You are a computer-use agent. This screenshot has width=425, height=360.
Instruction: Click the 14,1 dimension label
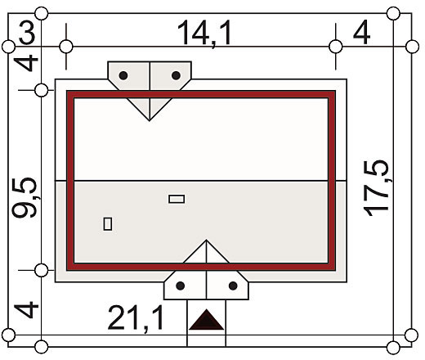(204, 34)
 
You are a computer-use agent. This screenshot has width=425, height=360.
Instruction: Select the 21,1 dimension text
(136, 318)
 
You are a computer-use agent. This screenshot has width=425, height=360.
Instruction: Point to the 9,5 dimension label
(25, 197)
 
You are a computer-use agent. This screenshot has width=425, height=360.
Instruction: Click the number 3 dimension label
(27, 34)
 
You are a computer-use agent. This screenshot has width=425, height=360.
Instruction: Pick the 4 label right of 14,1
(361, 33)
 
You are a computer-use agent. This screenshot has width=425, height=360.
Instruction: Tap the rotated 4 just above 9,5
(26, 63)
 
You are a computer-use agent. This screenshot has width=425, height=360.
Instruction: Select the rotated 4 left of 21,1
(26, 310)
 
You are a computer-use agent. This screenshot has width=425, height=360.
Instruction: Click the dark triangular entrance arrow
(206, 320)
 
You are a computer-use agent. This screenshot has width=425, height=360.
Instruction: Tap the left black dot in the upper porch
(123, 75)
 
